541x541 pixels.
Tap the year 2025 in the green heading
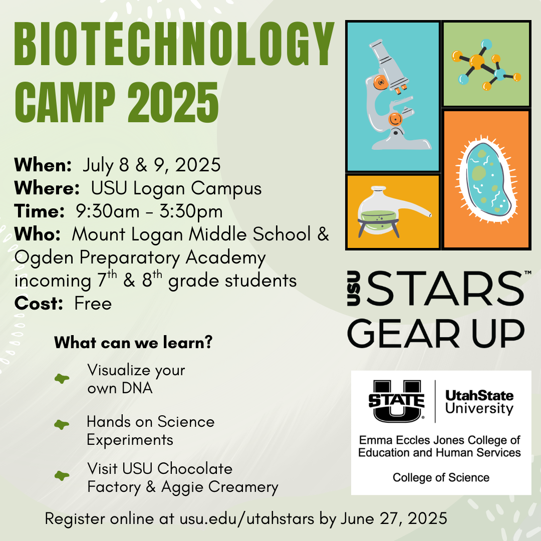pyautogui.click(x=173, y=103)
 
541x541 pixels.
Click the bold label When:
pyautogui.click(x=43, y=165)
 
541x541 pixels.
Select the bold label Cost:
pyautogui.click(x=39, y=304)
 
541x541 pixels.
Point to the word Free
pyautogui.click(x=93, y=304)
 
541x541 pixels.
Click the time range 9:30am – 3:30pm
pyautogui.click(x=149, y=211)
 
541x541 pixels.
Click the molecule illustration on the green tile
pyautogui.click(x=486, y=65)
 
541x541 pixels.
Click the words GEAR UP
pyautogui.click(x=436, y=333)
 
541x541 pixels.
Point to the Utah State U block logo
pyautogui.click(x=396, y=401)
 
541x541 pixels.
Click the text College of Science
pyautogui.click(x=441, y=477)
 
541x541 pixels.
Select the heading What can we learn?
pyautogui.click(x=134, y=343)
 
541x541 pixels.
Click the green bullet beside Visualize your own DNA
pyautogui.click(x=62, y=379)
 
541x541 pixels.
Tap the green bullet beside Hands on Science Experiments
pyautogui.click(x=62, y=424)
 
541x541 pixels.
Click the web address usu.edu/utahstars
pyautogui.click(x=247, y=519)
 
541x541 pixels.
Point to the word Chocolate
pyautogui.click(x=195, y=469)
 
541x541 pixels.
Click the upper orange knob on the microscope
pyautogui.click(x=381, y=83)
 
